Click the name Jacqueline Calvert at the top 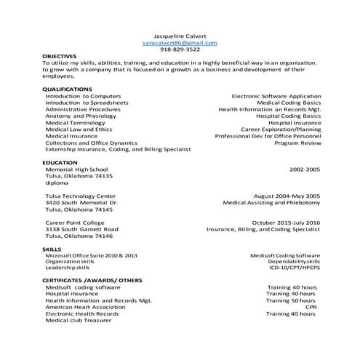(180, 35)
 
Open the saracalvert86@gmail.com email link (180, 42)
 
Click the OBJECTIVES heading (59, 56)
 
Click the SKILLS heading (52, 249)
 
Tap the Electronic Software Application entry (276, 96)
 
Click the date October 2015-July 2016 (285, 223)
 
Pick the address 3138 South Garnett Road (81, 229)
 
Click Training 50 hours (291, 300)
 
